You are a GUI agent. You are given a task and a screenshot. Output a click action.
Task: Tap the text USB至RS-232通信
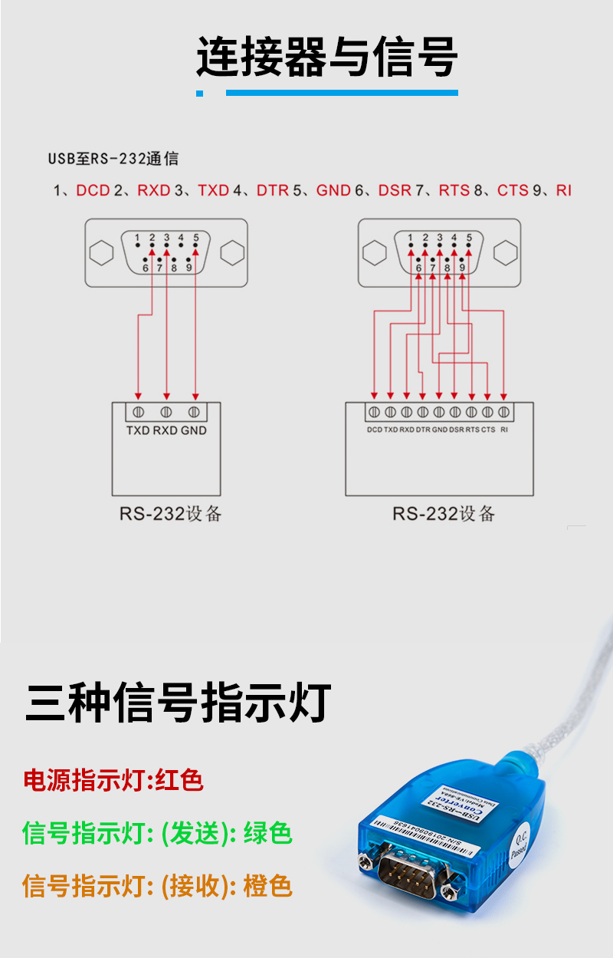coord(113,159)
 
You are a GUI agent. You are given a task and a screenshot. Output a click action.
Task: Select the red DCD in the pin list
coord(93,190)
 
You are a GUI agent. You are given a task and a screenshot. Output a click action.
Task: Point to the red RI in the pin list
coord(564,190)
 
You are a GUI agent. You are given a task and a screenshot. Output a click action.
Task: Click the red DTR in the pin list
coord(272,190)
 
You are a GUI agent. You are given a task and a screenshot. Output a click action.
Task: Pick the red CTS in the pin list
coord(513,190)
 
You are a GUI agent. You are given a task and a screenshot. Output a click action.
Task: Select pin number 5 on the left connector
coord(196,238)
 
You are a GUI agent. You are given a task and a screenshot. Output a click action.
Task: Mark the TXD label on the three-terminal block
coord(138,430)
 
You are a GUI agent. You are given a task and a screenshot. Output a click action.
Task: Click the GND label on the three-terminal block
coord(194,430)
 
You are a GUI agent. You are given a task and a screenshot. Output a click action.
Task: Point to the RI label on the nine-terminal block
coord(503,430)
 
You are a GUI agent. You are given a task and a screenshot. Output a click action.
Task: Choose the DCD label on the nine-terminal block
coord(374,430)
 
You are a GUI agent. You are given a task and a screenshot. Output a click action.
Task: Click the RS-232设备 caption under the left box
coord(170,513)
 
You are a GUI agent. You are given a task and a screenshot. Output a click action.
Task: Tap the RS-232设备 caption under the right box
coord(444,513)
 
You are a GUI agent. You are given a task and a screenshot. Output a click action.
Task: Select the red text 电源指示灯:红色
coord(113,781)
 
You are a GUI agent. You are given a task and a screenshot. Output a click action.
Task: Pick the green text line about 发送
coord(157,833)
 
